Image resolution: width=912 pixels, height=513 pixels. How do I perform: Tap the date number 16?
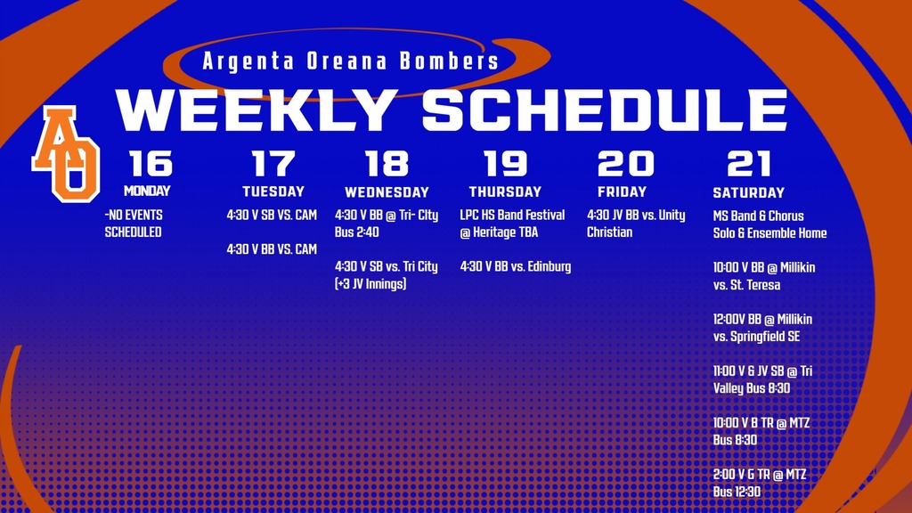click(x=151, y=164)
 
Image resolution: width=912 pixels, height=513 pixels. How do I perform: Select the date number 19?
click(x=505, y=164)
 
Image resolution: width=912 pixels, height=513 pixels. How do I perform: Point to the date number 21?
click(x=748, y=164)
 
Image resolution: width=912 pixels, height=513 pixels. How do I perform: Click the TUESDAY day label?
click(x=273, y=191)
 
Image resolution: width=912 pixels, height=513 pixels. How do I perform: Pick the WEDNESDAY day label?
click(x=387, y=192)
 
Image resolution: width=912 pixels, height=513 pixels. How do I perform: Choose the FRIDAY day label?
click(x=623, y=191)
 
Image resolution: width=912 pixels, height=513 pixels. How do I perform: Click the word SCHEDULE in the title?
click(x=605, y=110)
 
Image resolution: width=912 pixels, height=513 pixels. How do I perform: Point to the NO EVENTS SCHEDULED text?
click(x=134, y=224)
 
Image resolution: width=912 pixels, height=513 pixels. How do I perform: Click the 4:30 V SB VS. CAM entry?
click(x=272, y=216)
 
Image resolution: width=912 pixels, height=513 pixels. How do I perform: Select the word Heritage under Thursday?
click(x=501, y=232)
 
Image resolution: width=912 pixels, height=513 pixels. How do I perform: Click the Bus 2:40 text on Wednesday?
click(x=357, y=232)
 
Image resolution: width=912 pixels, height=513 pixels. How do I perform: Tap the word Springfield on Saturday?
click(x=758, y=337)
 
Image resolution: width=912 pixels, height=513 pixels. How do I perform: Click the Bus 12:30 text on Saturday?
click(x=737, y=492)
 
